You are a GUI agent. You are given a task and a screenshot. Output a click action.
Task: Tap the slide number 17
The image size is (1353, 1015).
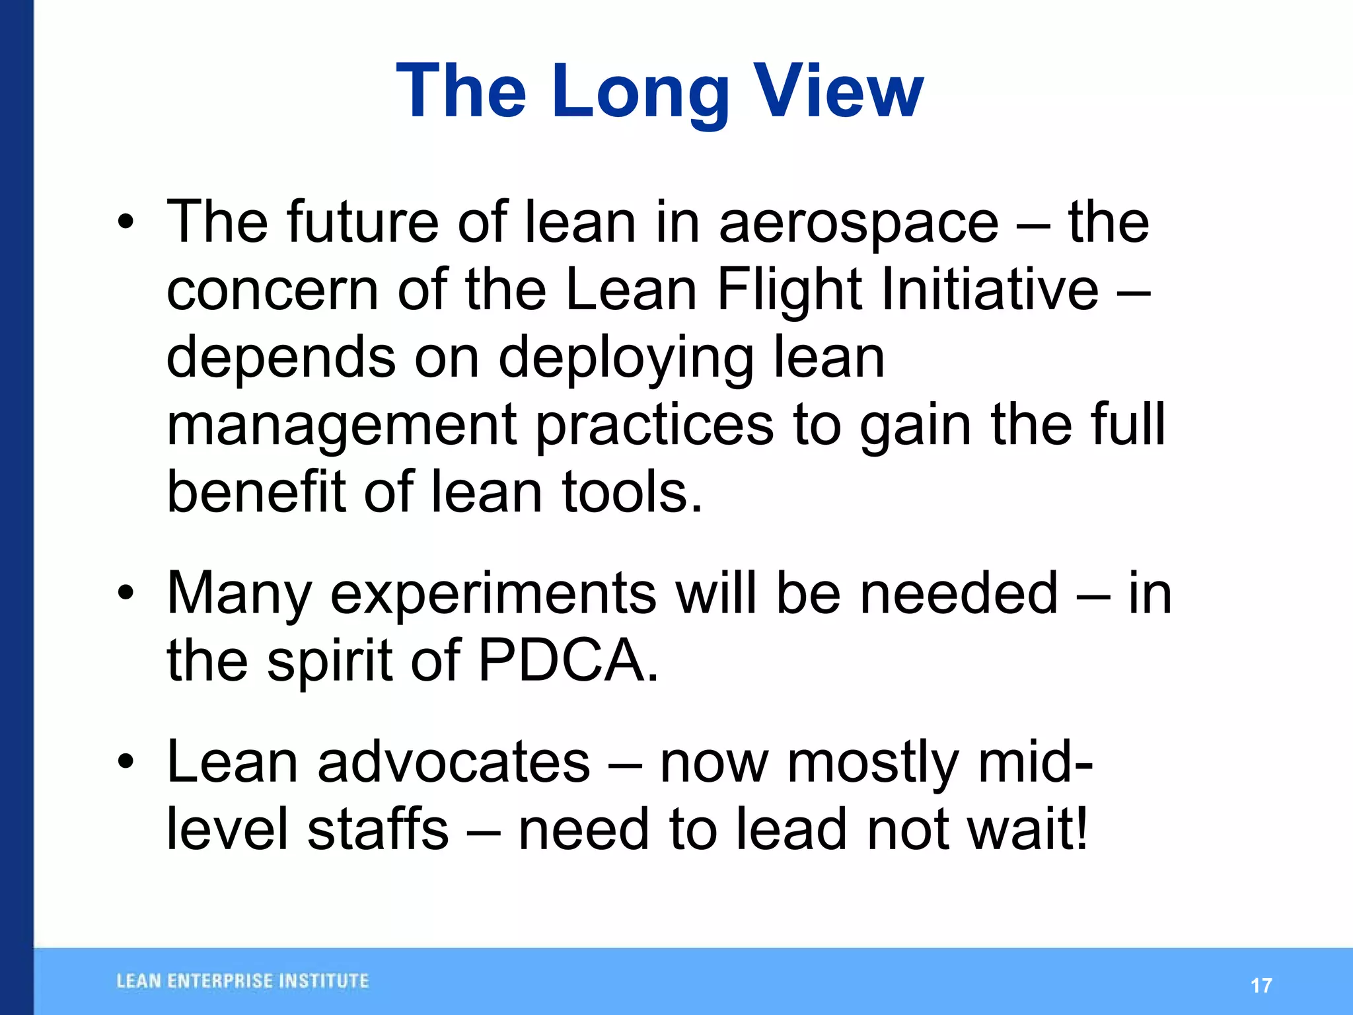coord(1261,985)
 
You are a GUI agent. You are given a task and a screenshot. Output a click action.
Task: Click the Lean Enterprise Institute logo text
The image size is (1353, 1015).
coord(242,981)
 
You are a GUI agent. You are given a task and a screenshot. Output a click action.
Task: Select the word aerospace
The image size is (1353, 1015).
coord(858,223)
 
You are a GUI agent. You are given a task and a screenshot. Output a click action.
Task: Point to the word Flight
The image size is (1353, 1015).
coord(789,291)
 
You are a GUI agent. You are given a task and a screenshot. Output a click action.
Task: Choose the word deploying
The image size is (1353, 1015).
coord(626,359)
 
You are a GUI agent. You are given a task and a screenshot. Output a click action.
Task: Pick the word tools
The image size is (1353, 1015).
coord(631,492)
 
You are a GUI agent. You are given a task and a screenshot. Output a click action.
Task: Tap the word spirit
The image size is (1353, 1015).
coord(330,661)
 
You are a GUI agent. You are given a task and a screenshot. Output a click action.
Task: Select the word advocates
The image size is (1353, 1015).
coord(453,762)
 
